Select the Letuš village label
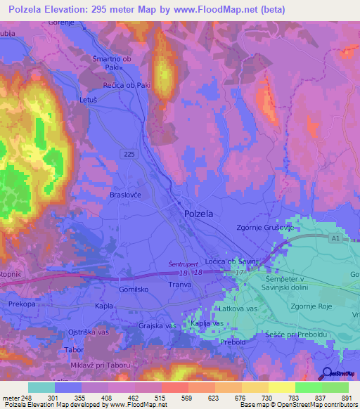[x=88, y=100]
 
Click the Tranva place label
[x=181, y=285]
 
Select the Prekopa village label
[x=22, y=304]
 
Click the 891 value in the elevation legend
[x=345, y=398]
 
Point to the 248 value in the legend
[x=27, y=398]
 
